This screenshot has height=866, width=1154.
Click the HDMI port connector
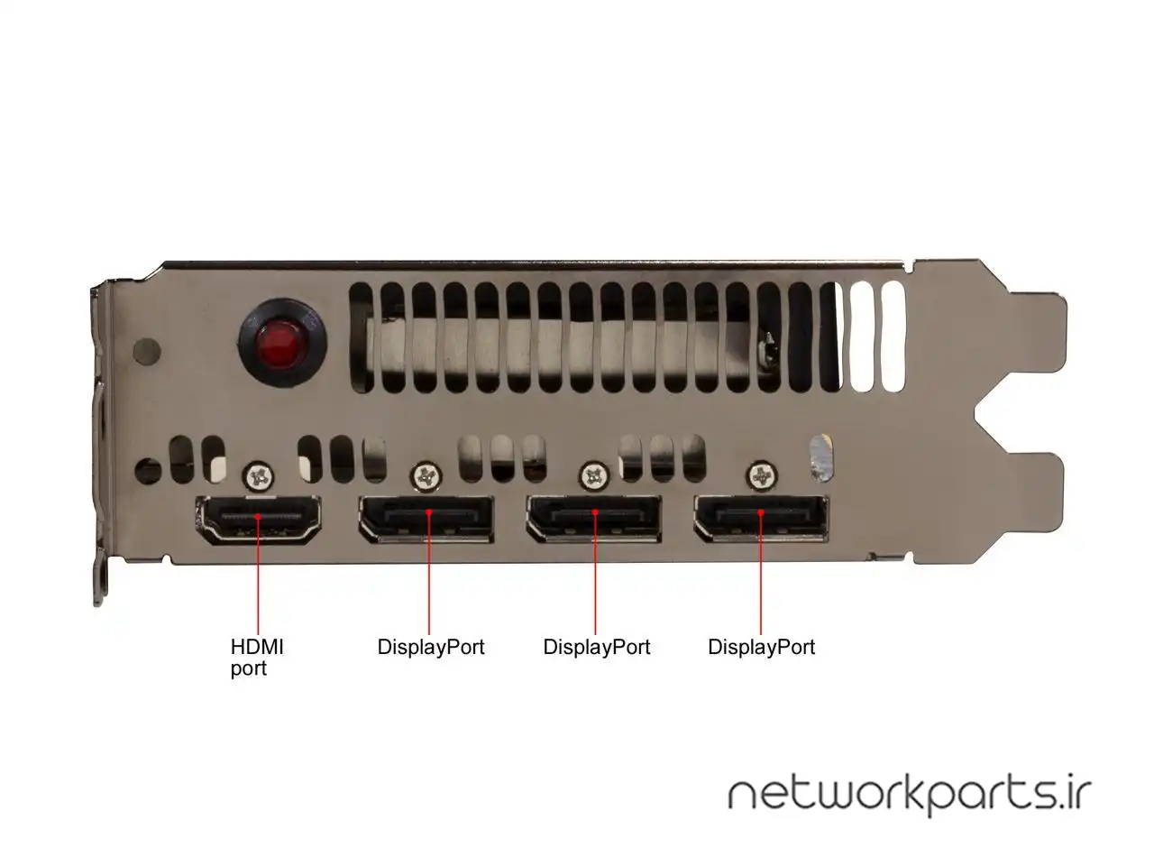coord(259,521)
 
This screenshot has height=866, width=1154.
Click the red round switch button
coord(278,344)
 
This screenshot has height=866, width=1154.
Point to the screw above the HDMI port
coord(261,474)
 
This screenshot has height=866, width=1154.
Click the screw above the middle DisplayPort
coord(594,474)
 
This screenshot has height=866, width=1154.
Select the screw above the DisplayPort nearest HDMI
coord(426,474)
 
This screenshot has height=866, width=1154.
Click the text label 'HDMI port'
coord(257,658)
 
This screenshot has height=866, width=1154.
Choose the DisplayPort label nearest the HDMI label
coord(431,647)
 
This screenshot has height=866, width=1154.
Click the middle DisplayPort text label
coord(596,647)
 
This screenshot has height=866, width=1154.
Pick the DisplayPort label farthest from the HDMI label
coord(761,647)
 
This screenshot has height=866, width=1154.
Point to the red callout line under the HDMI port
coord(259,577)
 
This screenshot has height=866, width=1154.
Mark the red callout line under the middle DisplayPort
coord(595,577)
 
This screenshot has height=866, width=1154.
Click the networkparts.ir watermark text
coord(909,794)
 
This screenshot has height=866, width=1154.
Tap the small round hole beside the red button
coord(145,348)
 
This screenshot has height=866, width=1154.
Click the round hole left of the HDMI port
coord(145,470)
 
